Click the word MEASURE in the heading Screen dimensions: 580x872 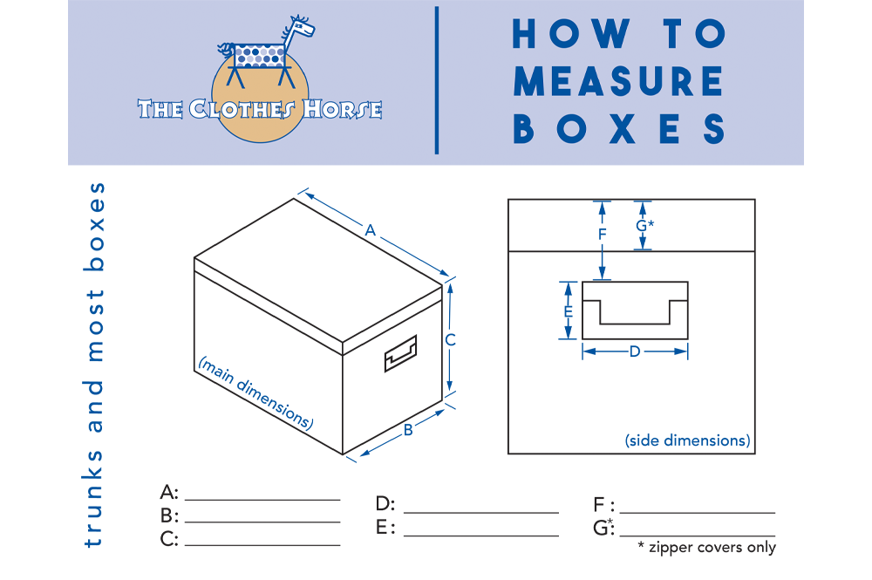618,81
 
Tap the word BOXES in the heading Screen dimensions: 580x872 618,128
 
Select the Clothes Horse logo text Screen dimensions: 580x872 260,109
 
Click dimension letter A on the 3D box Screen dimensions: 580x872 371,231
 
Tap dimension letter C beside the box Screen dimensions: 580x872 450,340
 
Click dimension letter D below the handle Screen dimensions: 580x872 635,351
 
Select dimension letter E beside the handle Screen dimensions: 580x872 568,311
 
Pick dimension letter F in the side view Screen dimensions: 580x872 602,235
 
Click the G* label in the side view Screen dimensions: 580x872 644,225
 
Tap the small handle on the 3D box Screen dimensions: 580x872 400,354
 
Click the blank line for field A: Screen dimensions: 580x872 262,499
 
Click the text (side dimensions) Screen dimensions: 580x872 687,440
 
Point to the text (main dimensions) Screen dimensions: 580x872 255,392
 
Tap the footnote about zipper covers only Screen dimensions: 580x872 706,548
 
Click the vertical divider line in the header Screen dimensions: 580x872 436,80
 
